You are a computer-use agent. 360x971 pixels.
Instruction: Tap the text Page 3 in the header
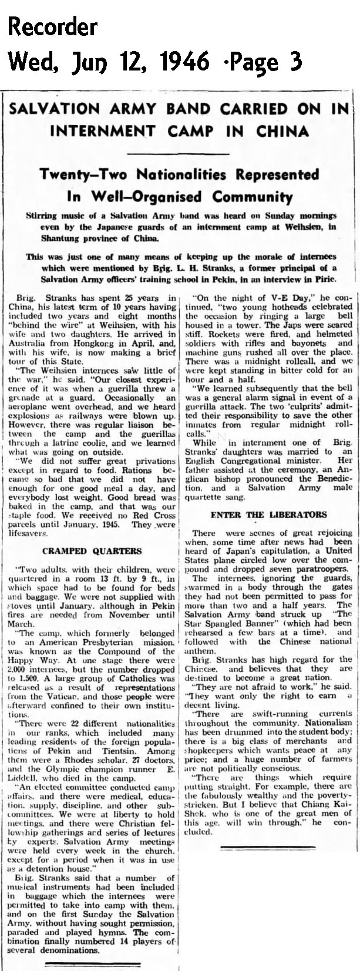[270, 60]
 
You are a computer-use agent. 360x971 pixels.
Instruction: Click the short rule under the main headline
[180, 154]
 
